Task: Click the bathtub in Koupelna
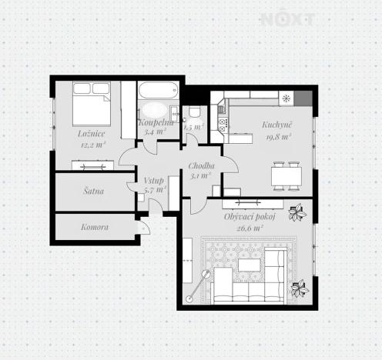157,108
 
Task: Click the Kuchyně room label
276,125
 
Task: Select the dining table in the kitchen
286,175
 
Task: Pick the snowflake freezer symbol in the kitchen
286,98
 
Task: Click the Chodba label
202,166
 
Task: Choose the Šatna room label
93,189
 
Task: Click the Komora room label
95,228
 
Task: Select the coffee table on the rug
250,265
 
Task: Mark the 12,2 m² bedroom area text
92,144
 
